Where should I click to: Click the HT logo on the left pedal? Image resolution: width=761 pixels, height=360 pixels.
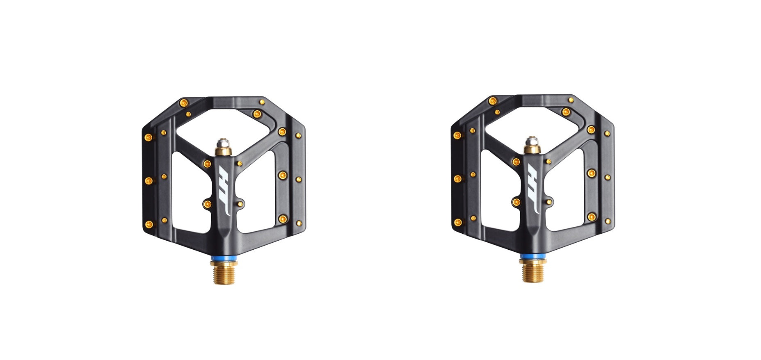point(224,191)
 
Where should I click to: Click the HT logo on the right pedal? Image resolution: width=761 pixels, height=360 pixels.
point(533,189)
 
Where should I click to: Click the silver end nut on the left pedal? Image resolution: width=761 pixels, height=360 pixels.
point(224,144)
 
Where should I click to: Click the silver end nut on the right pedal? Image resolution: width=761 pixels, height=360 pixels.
point(532,141)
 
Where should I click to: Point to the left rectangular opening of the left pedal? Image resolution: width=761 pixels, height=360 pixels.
point(189,191)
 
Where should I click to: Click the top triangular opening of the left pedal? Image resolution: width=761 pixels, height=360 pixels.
point(224,127)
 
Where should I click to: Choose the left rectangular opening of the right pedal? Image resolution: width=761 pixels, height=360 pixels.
point(497,189)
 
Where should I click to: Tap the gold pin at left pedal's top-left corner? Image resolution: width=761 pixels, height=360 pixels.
point(184,103)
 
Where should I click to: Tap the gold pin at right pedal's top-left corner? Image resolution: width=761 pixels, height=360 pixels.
point(493,101)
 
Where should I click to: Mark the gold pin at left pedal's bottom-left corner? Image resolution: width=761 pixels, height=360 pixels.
point(149,224)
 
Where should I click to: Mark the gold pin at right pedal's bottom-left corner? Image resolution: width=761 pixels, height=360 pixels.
point(457,223)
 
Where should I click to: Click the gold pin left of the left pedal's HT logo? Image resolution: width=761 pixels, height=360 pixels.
point(207,204)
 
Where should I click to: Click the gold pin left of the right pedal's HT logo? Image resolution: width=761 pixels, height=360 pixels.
point(516,202)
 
